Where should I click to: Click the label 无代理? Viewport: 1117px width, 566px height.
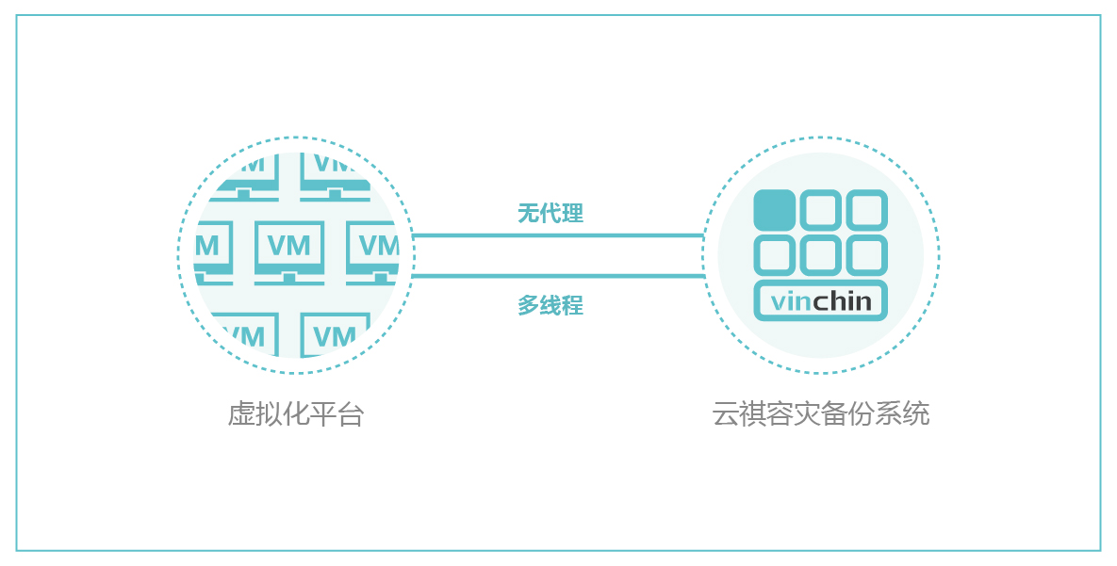tap(550, 214)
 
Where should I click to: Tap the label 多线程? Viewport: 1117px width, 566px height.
tap(550, 306)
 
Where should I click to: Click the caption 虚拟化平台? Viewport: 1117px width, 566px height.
tap(296, 414)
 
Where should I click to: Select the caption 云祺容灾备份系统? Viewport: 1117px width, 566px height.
tap(820, 414)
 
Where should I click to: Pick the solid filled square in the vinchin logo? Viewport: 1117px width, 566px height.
tap(775, 210)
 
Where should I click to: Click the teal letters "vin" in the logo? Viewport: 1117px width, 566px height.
tap(791, 302)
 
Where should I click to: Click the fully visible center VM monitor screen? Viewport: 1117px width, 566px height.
tap(289, 246)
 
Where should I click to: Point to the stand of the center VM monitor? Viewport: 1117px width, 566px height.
tap(289, 279)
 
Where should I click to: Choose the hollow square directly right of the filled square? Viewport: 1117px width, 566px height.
tap(820, 210)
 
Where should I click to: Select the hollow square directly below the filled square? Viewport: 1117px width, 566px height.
tap(775, 254)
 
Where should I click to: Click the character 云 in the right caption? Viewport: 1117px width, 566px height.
tap(724, 414)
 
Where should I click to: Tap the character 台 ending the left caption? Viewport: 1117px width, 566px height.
tap(353, 414)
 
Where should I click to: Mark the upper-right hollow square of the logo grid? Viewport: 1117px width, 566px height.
tap(866, 210)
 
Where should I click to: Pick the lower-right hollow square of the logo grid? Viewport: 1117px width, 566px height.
tap(866, 254)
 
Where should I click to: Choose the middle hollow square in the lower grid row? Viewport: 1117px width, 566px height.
tap(820, 254)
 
